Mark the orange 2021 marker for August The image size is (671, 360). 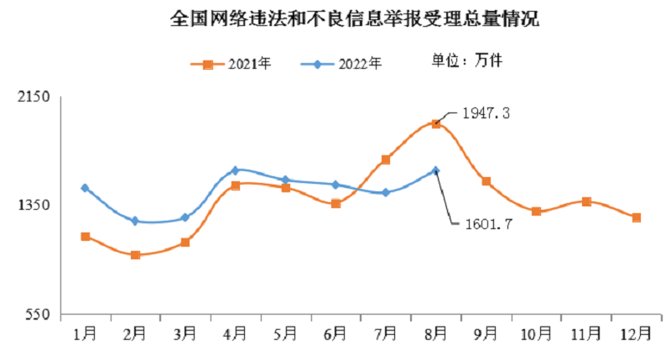tap(435, 123)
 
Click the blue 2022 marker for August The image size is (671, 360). tap(435, 170)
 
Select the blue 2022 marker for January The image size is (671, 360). tap(85, 188)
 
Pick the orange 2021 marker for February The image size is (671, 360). tap(135, 254)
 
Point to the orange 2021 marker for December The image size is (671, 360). tap(637, 217)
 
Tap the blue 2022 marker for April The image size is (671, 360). tap(235, 170)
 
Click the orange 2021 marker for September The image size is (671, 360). tap(486, 181)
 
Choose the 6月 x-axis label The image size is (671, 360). tap(335, 334)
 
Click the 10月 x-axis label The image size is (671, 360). tap(536, 334)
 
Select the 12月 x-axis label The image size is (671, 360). tap(637, 334)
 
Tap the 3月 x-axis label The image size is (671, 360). tap(185, 334)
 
